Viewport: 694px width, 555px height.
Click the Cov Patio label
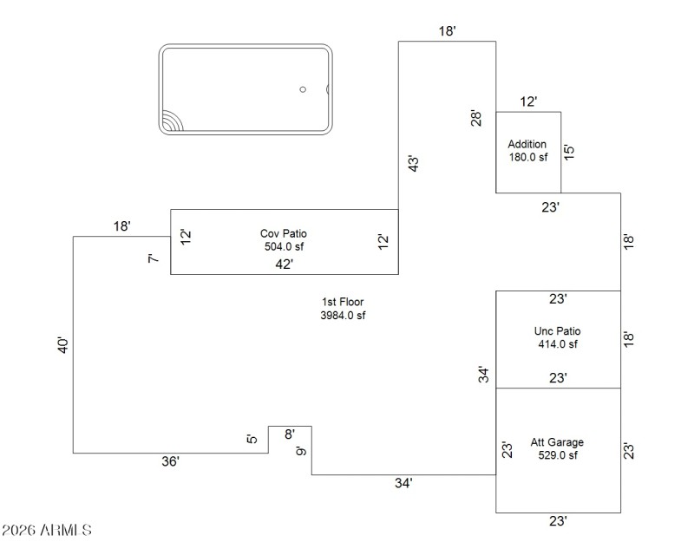click(284, 233)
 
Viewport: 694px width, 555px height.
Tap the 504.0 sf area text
click(284, 245)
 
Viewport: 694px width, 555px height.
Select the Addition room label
click(527, 144)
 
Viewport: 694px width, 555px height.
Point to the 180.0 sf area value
click(528, 157)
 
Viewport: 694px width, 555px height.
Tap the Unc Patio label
click(558, 331)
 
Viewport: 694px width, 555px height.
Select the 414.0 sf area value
click(558, 344)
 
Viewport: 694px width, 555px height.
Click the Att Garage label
click(558, 441)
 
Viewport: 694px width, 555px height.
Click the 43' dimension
click(414, 163)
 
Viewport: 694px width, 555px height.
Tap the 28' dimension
click(475, 119)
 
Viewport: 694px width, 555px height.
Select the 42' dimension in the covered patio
click(284, 264)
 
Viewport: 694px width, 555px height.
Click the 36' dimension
click(170, 462)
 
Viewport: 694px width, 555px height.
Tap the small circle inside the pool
click(303, 89)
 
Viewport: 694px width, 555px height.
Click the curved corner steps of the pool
click(171, 121)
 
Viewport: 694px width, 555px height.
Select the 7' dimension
click(154, 258)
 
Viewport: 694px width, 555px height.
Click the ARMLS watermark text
click(47, 529)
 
